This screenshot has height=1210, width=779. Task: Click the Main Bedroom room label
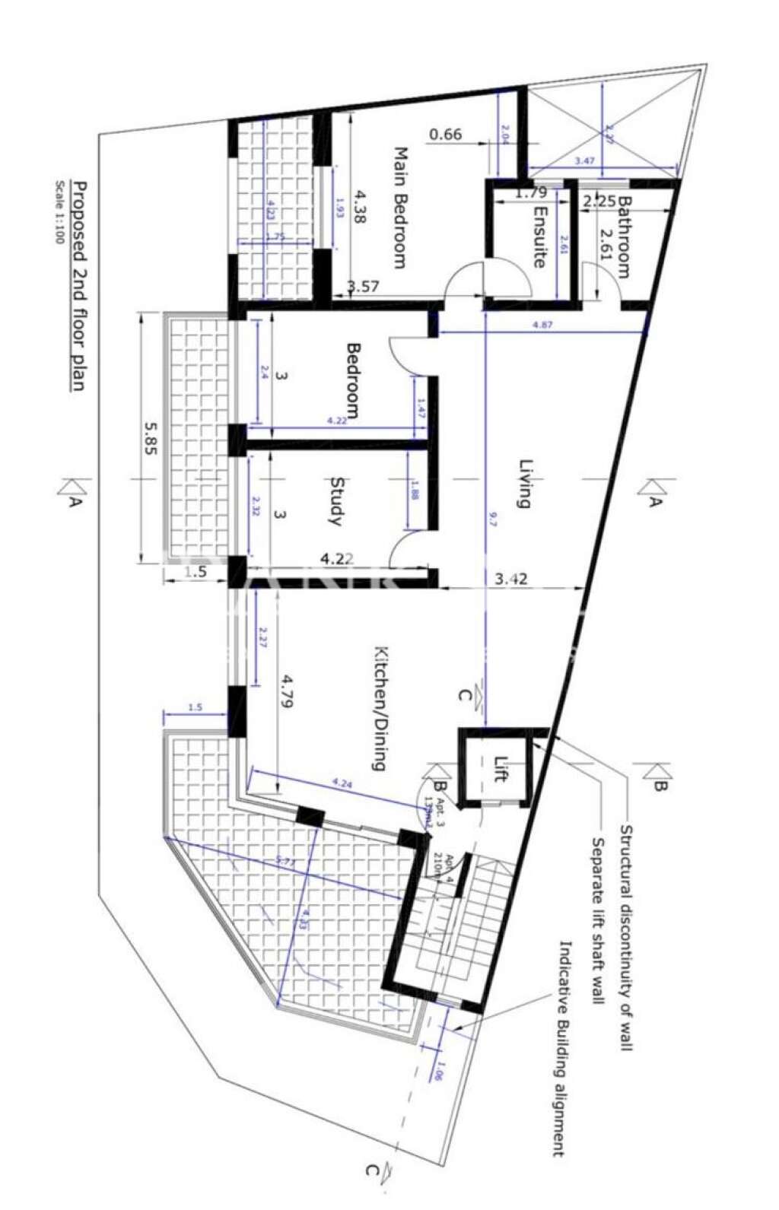point(399,208)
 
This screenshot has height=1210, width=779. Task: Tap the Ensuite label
point(539,237)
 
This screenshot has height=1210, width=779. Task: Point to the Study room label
point(335,501)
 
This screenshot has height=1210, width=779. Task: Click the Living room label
point(523,483)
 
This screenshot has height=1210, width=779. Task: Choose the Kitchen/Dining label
point(381,708)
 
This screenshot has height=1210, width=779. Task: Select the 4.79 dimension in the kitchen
point(288,691)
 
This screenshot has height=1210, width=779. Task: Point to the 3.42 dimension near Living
point(510,580)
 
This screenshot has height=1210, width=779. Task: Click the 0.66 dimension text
point(446,135)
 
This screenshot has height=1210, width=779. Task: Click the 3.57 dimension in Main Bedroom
point(362,287)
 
